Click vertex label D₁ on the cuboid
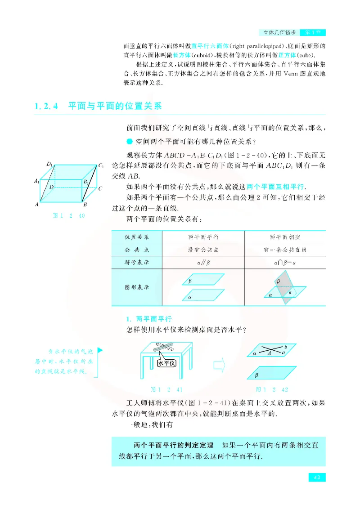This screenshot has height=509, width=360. point(50,165)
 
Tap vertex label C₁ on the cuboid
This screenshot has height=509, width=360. point(102,166)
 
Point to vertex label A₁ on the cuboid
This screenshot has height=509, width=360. point(36,181)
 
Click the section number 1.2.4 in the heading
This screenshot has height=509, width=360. point(47,107)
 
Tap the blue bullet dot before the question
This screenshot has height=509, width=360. point(130,141)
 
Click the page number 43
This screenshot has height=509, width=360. point(317,478)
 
